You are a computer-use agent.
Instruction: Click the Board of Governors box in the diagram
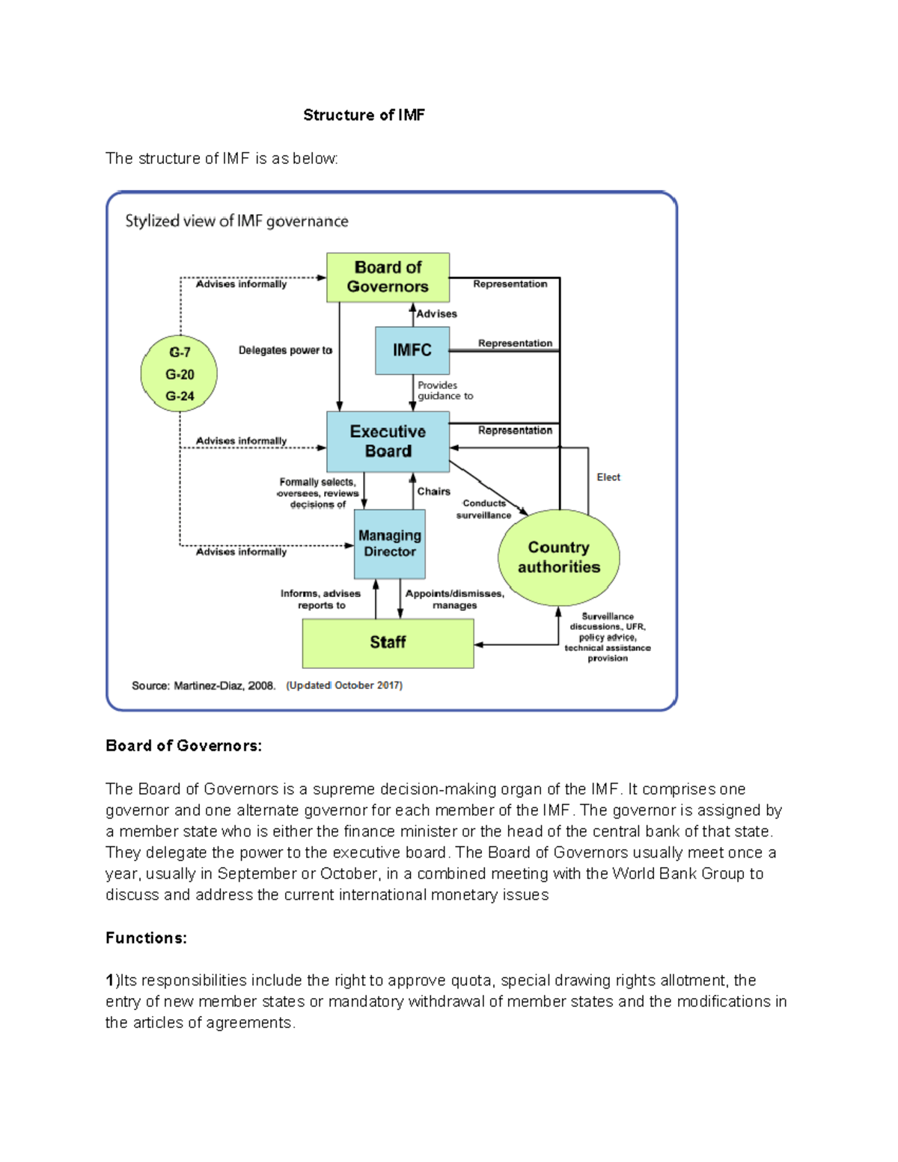[388, 277]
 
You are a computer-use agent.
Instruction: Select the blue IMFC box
[412, 350]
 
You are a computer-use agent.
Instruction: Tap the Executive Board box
[388, 441]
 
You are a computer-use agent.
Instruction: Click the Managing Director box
[389, 544]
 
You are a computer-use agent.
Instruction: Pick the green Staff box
[388, 643]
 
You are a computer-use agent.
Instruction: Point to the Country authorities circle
[559, 557]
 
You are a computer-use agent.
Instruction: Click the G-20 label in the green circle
[180, 374]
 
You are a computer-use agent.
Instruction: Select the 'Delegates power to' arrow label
[285, 350]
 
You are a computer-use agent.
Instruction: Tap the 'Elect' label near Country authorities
[608, 477]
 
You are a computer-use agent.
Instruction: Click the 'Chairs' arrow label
[434, 492]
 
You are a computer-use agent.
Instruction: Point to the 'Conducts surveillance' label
[484, 510]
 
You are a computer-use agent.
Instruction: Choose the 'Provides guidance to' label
[445, 391]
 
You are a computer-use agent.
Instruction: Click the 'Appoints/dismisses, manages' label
[454, 599]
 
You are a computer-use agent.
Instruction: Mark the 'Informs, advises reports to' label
[321, 599]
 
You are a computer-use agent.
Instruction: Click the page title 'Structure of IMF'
[364, 115]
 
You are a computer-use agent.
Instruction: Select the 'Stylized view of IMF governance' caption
[236, 221]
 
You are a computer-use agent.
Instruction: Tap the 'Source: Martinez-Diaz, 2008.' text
[204, 685]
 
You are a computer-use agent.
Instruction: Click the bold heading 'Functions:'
[146, 938]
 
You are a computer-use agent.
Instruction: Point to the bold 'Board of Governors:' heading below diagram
[183, 746]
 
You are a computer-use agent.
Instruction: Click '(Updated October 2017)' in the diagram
[344, 685]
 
